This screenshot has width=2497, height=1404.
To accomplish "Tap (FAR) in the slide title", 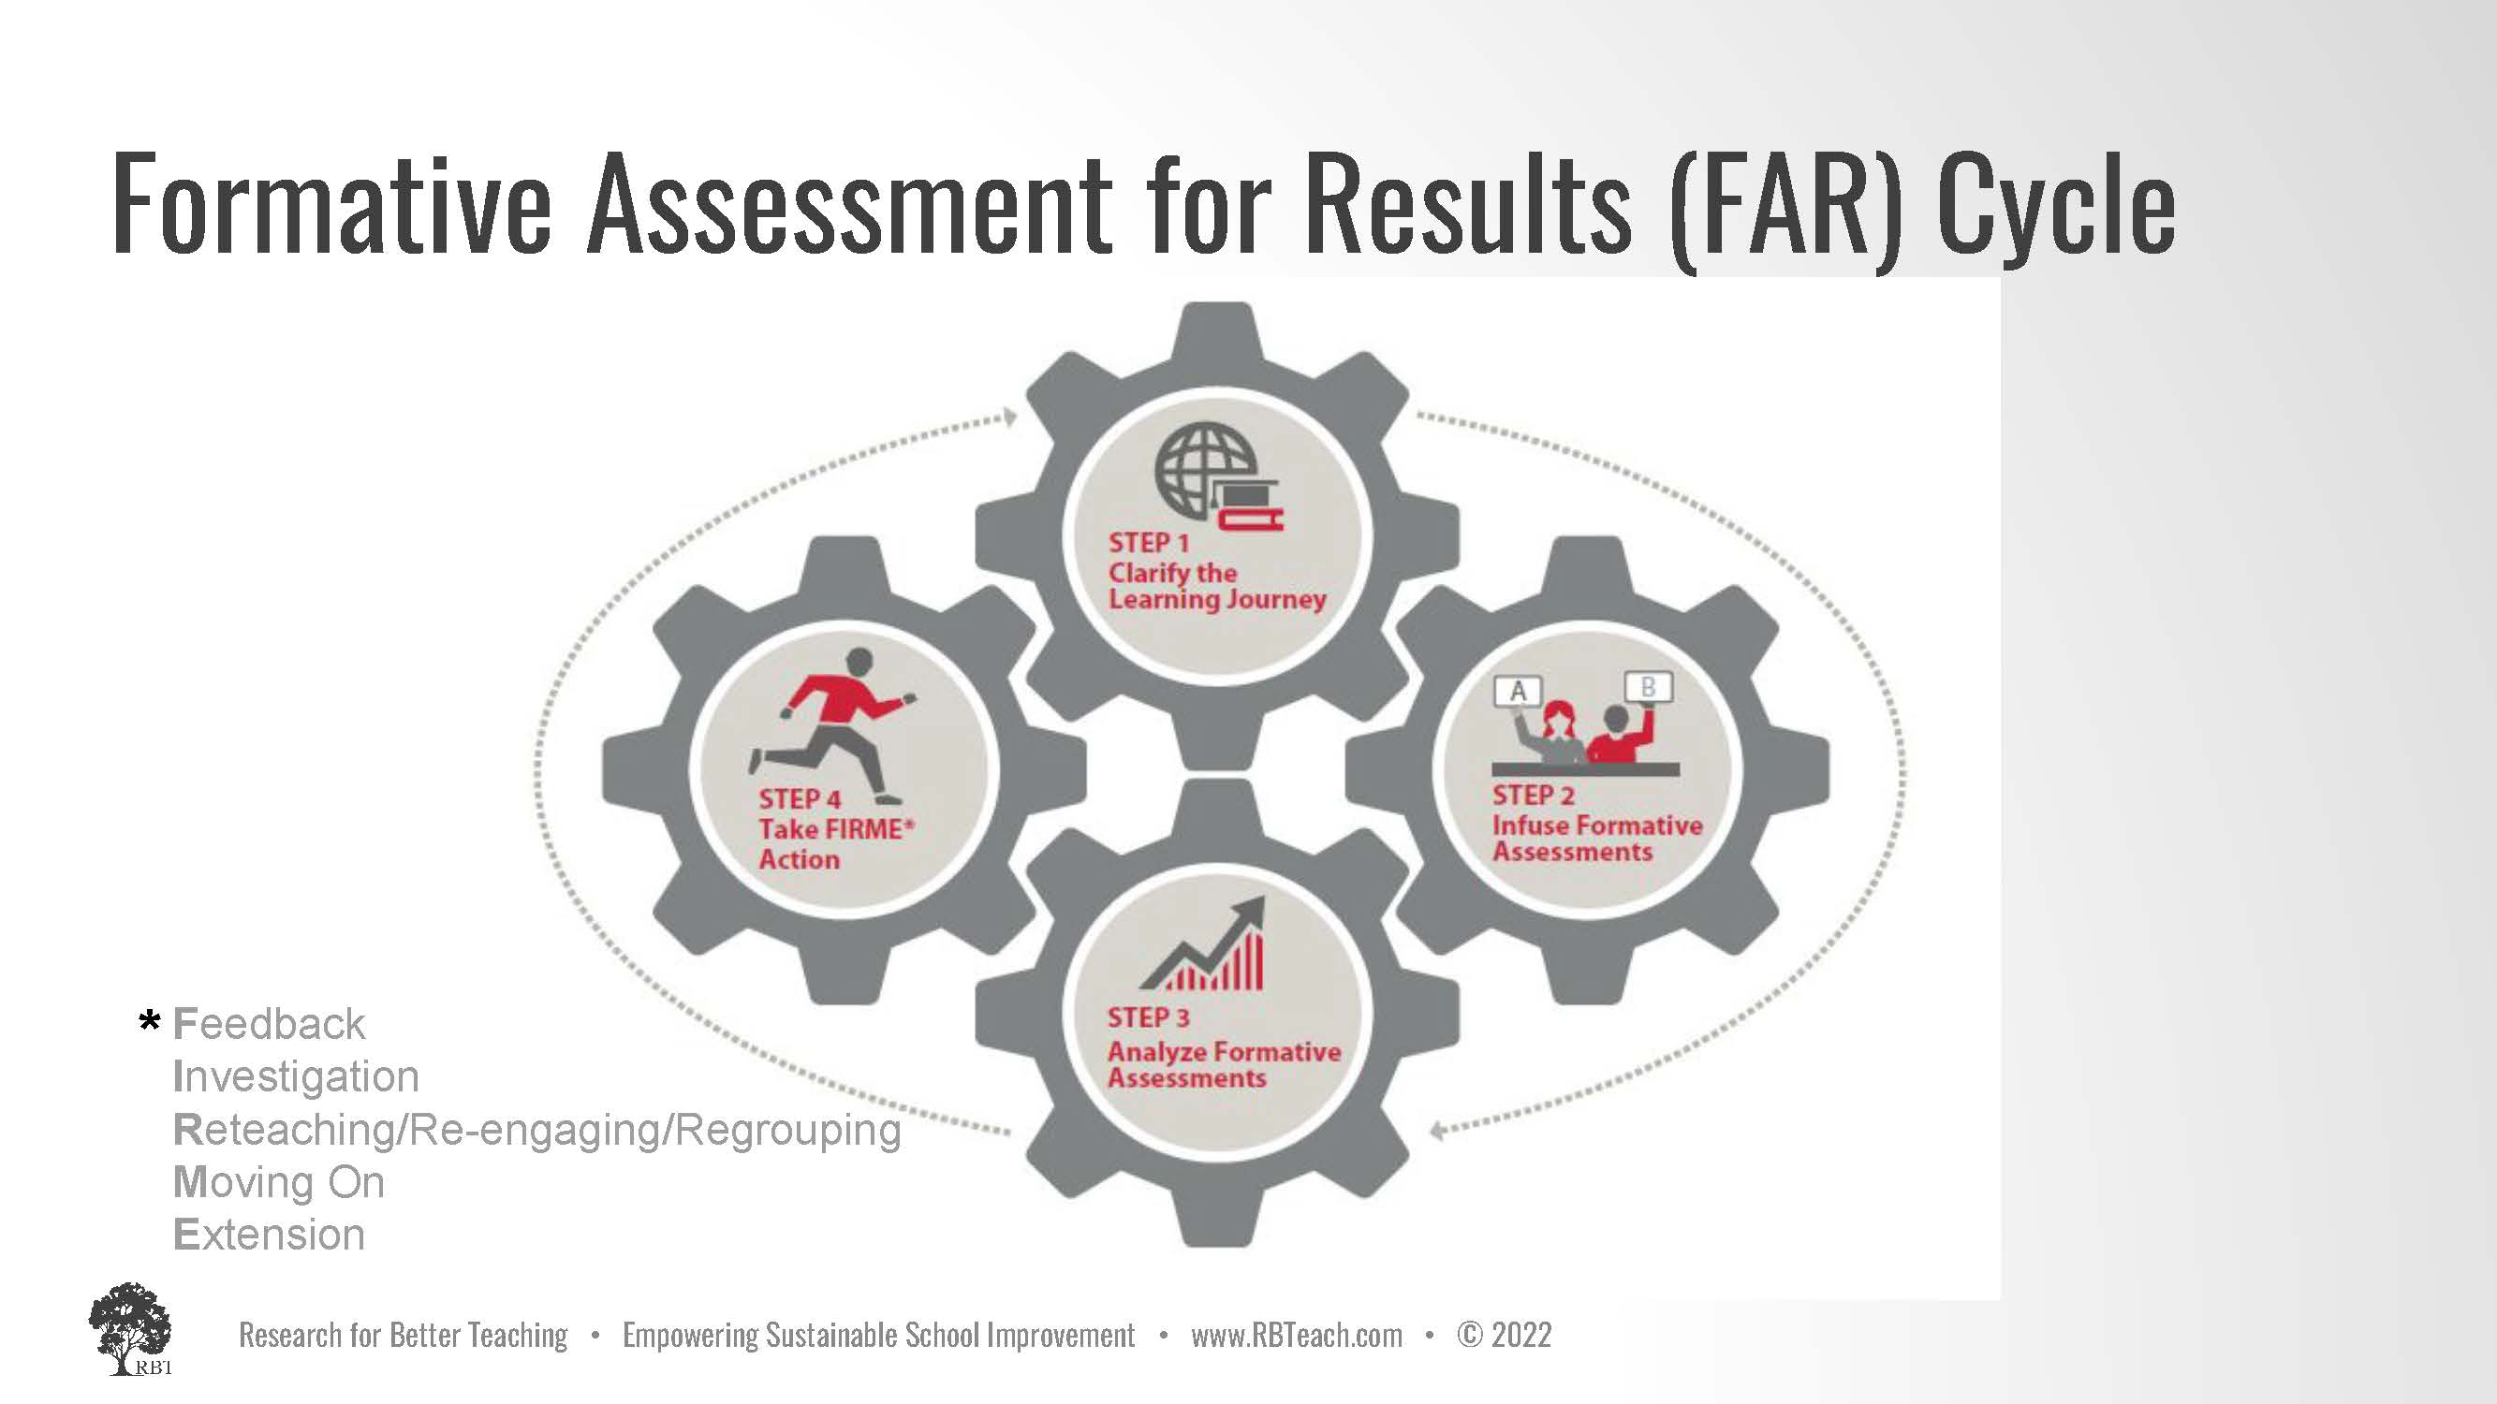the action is pos(1785,209).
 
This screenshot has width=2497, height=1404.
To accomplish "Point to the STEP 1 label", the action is pos(1149,543).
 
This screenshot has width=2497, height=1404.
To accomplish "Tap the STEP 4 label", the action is pos(800,799).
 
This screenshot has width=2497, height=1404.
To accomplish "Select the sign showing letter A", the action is pos(1518,691).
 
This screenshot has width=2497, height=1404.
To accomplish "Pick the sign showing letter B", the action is pos(1648,687).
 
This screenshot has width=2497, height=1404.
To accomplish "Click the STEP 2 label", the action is pos(1534,796).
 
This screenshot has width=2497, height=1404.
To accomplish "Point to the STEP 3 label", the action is pos(1149,1018).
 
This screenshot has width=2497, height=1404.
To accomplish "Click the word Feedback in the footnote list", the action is pos(269,1024).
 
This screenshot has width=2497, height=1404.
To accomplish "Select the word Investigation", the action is pos(296,1076).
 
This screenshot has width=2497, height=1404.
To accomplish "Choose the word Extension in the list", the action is pos(269,1235).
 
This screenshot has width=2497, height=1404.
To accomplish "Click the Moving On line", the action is pos(278,1182).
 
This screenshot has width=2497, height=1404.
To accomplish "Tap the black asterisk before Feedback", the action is pos(149,1021).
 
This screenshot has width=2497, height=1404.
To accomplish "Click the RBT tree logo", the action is pos(131,1328).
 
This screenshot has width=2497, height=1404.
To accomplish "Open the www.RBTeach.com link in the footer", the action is pos(1296,1336).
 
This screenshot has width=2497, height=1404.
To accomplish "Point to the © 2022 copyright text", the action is pos(1504,1336).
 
